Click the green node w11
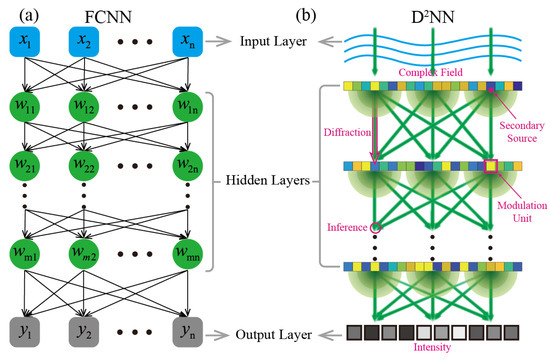pos(27,106)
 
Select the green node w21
pos(27,163)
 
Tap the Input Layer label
pos(273,43)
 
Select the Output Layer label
pos(273,331)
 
